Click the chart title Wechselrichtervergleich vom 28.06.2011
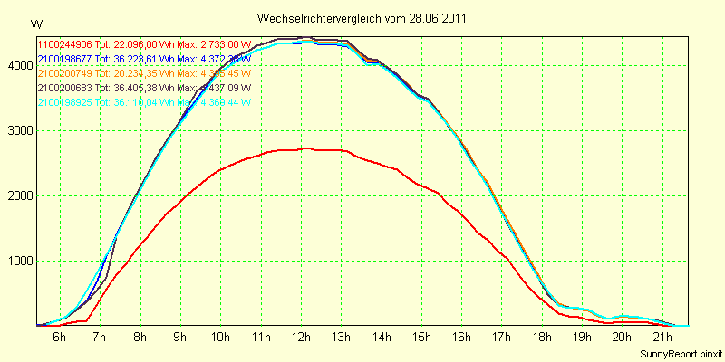point(362,18)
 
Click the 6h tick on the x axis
point(60,338)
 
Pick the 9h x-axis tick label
point(179,338)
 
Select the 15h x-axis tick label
point(420,338)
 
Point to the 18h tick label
point(541,338)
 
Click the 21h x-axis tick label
point(662,338)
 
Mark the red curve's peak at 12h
point(304,148)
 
